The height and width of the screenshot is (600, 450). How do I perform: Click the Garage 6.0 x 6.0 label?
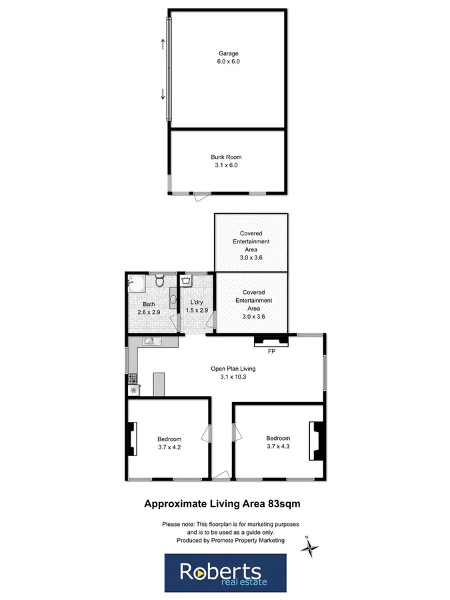tap(228, 57)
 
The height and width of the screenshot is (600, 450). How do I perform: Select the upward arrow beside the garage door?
tap(162, 44)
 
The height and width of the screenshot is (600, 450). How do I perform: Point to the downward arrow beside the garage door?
tap(162, 93)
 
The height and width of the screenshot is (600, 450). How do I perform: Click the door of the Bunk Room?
tap(200, 197)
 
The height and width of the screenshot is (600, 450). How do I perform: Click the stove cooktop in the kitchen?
tap(131, 380)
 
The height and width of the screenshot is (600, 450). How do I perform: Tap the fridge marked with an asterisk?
tap(132, 391)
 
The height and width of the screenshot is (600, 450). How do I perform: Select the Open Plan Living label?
tap(233, 372)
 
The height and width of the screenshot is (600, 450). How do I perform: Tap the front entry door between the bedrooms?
tap(221, 475)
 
